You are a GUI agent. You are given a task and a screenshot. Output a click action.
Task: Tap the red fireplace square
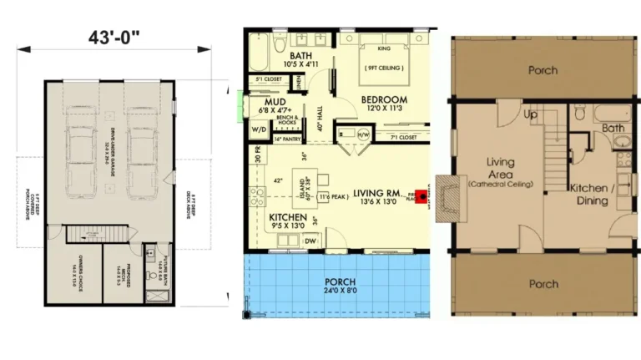pyautogui.click(x=421, y=197)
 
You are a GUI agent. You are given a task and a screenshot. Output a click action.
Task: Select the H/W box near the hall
pyautogui.click(x=363, y=134)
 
